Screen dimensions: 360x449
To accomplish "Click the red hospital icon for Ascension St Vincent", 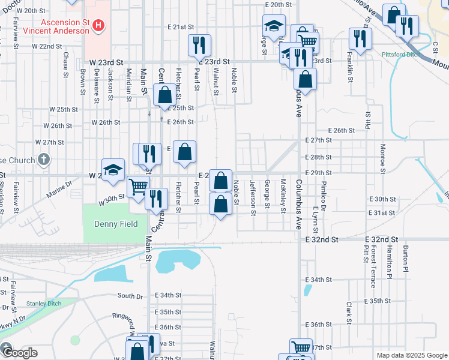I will click(x=100, y=26).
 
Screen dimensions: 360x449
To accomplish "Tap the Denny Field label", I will click(x=116, y=224).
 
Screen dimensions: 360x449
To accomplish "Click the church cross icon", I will click(x=43, y=160).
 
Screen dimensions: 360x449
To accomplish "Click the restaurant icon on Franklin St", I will click(x=360, y=39).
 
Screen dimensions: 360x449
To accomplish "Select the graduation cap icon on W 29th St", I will click(x=113, y=170).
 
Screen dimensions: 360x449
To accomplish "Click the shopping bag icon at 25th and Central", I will click(x=164, y=95).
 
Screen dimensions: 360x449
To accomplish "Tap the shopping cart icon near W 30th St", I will click(x=138, y=187).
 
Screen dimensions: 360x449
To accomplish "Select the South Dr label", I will click(x=130, y=296).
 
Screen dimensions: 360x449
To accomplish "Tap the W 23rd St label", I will click(x=106, y=62).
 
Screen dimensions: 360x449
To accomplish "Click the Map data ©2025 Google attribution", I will click(x=411, y=355).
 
